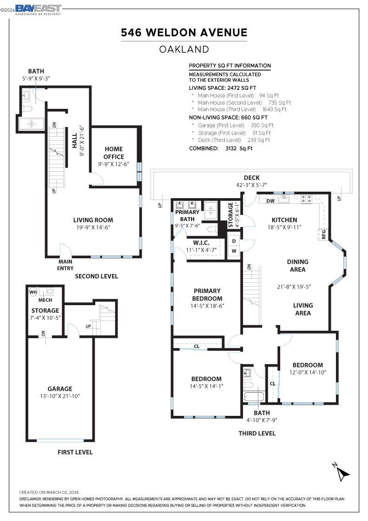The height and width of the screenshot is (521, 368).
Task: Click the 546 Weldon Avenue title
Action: [184, 33]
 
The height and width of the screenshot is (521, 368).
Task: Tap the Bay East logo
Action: [39, 10]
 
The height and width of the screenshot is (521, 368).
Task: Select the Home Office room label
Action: [113, 153]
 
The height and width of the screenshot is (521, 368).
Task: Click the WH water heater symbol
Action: [33, 293]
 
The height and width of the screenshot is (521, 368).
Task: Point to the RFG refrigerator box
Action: [323, 234]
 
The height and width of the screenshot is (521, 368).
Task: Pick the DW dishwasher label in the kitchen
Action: [270, 201]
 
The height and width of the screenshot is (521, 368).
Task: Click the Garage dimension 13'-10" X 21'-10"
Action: [60, 396]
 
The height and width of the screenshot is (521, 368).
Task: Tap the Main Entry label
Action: [66, 265]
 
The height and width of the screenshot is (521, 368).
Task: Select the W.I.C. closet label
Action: [201, 243]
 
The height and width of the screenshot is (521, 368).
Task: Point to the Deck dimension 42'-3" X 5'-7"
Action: [251, 185]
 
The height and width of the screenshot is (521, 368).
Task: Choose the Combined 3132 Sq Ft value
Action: [239, 148]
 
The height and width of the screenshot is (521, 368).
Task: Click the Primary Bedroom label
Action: [207, 295]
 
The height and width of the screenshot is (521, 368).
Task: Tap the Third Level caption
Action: [257, 433]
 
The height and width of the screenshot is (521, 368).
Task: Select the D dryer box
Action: [234, 241]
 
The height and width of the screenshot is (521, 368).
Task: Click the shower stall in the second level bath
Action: [31, 124]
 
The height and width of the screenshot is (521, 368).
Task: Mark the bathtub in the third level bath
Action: [254, 397]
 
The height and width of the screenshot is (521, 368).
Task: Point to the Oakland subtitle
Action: [184, 49]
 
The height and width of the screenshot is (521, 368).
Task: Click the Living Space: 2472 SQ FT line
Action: [222, 88]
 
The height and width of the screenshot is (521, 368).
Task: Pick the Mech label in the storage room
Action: [45, 300]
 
